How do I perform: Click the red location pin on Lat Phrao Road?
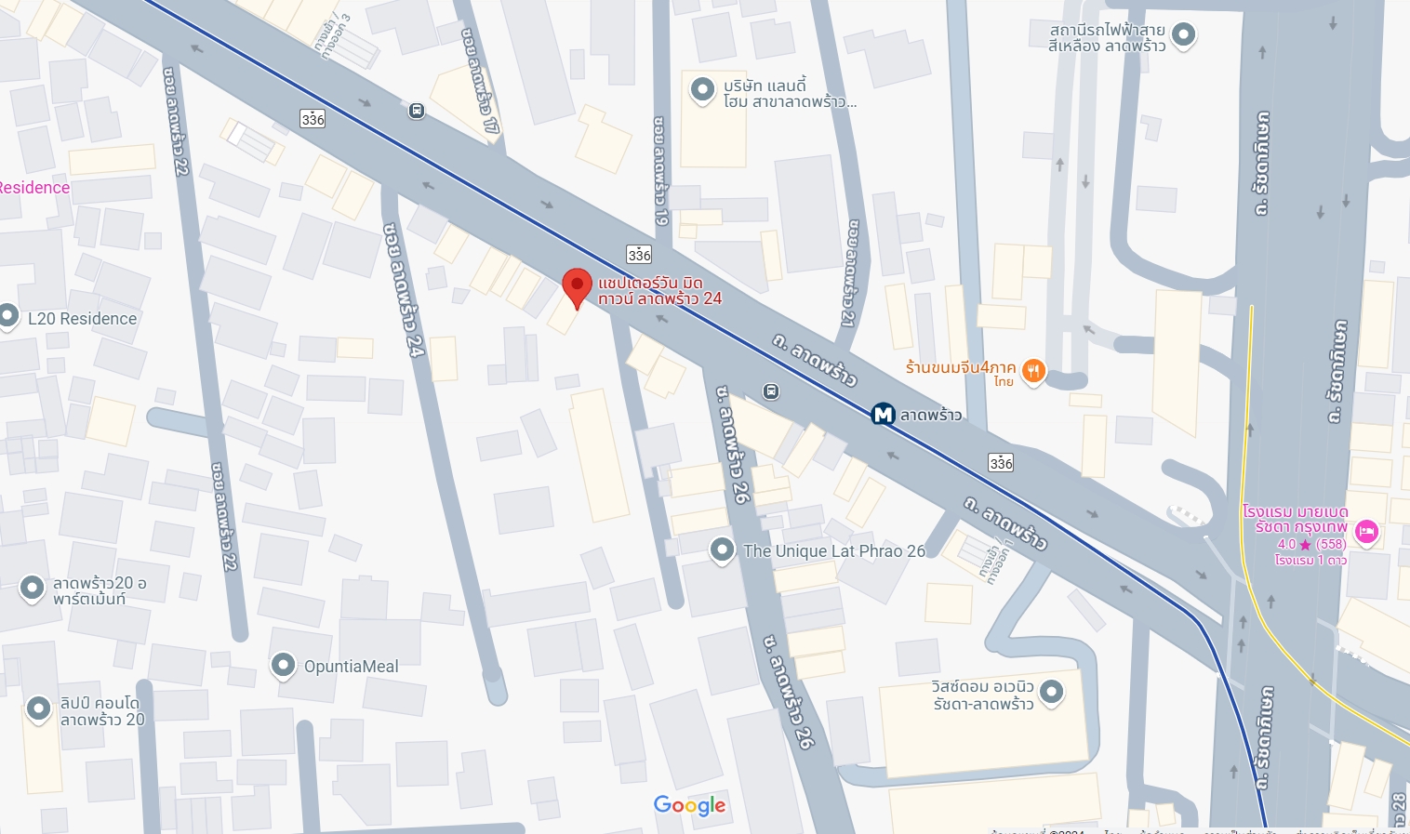[x=578, y=285]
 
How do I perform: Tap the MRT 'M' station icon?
[x=883, y=414]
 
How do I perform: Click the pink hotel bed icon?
[x=1366, y=532]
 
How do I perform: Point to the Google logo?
[x=689, y=805]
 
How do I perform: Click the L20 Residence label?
[x=82, y=319]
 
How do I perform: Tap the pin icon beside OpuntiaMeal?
[x=283, y=665]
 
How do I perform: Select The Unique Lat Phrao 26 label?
[x=834, y=551]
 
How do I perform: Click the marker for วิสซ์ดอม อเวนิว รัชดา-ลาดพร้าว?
[x=1051, y=692]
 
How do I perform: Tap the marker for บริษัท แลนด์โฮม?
[x=701, y=89]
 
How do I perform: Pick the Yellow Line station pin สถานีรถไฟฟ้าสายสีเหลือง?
[x=1183, y=35]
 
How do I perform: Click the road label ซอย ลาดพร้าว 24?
[x=403, y=289]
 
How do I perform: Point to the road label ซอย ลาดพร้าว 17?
[x=480, y=80]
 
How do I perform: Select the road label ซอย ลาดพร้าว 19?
[x=660, y=171]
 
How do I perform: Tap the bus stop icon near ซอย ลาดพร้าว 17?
[x=417, y=111]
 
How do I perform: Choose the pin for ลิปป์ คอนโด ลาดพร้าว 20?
[x=38, y=708]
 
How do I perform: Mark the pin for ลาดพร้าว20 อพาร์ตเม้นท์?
[x=33, y=588]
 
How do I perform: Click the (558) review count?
[x=1331, y=544]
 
